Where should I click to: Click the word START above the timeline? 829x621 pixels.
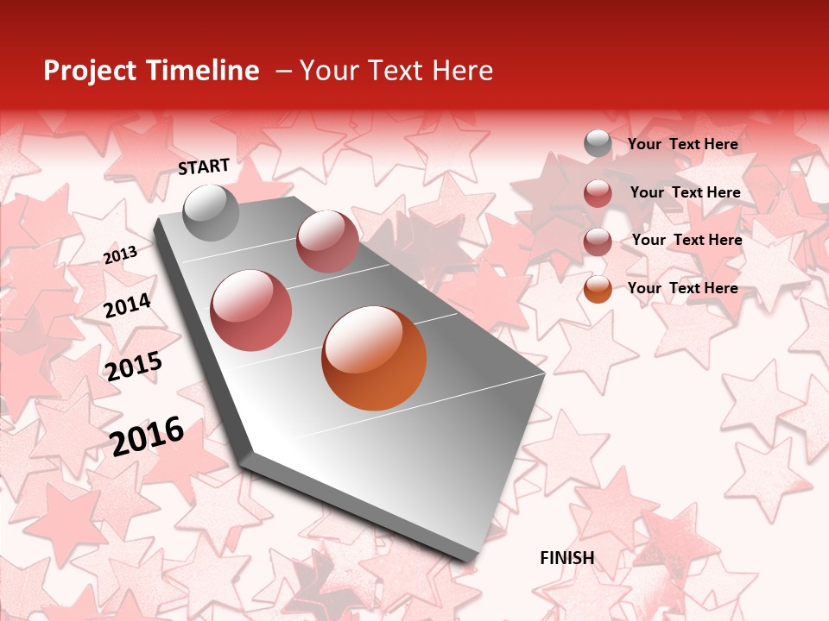point(204,166)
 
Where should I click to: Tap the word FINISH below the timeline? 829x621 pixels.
point(566,558)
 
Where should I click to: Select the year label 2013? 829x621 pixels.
point(120,254)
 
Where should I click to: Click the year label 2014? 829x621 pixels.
point(127,306)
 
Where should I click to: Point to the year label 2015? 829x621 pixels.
point(134,367)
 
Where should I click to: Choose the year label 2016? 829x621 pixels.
point(148,436)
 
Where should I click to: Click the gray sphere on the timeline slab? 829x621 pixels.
point(211,212)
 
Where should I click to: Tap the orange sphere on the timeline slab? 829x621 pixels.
point(374,358)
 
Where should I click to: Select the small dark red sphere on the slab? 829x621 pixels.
point(327,241)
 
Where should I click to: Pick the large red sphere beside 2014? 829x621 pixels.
point(251,310)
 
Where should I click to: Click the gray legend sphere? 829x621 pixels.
point(598,144)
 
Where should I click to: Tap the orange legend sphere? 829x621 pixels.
point(598,289)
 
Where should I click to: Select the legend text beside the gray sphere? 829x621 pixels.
point(682,144)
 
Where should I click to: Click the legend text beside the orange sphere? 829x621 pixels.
point(682,288)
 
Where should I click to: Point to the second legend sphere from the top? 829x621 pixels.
point(598,193)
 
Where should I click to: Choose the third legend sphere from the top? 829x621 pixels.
point(598,241)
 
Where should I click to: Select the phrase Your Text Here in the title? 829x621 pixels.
point(396,71)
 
